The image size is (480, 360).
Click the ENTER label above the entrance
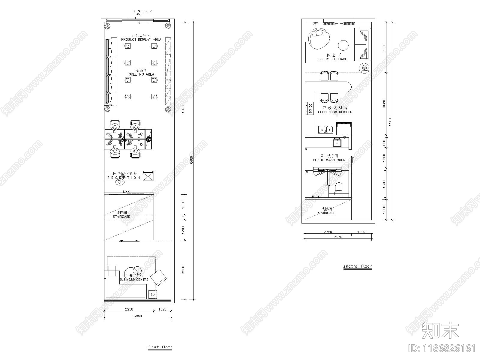tap(143, 11)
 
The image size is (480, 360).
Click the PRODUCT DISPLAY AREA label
tap(141, 39)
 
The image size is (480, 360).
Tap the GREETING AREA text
tap(141, 74)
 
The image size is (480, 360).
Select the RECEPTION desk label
tap(124, 178)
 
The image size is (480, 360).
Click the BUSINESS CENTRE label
tap(134, 280)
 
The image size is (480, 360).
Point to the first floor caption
tap(160, 347)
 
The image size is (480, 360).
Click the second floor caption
tap(357, 266)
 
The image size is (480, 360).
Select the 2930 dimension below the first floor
tap(129, 309)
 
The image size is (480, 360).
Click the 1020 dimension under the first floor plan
tap(162, 309)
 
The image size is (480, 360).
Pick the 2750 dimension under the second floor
tap(328, 232)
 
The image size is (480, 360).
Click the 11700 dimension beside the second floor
tap(390, 121)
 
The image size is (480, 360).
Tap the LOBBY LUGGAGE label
tap(332, 59)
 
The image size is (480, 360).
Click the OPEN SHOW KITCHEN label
tap(335, 112)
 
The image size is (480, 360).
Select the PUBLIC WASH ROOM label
tap(329, 160)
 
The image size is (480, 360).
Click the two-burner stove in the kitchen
tap(310, 108)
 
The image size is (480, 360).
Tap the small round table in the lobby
tap(343, 45)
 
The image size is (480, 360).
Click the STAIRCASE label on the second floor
tap(327, 213)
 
